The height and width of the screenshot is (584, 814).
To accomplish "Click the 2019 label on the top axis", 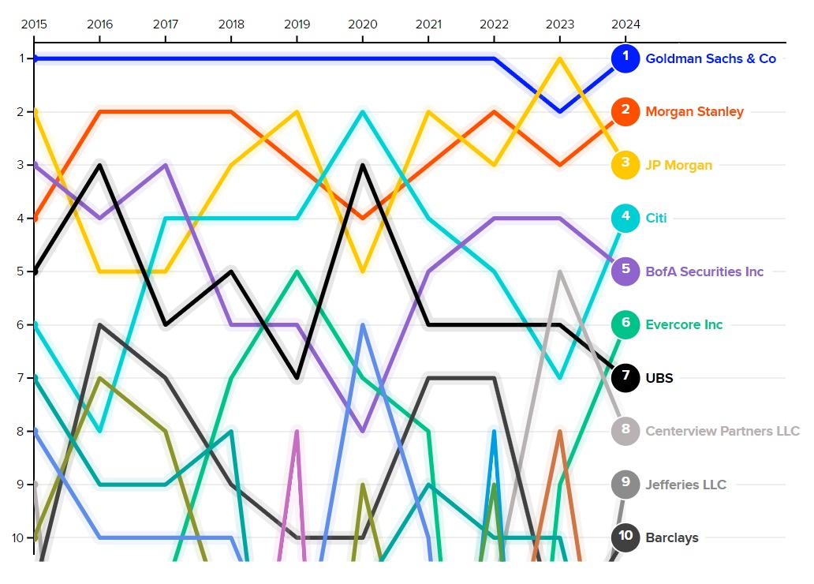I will click(297, 24).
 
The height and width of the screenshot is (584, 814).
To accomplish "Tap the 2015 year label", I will click(34, 24).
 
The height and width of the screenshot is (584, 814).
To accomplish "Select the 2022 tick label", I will click(494, 24).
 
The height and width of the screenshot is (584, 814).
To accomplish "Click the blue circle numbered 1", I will click(625, 58).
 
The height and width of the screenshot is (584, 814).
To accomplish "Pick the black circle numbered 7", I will click(625, 378).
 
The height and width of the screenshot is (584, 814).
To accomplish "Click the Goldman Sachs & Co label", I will click(711, 58).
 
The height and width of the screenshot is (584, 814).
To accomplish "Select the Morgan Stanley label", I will click(694, 112).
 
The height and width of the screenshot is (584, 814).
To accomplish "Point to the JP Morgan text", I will click(678, 165).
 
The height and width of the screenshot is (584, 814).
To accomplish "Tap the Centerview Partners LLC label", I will click(723, 431).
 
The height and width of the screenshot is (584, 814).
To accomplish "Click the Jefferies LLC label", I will click(685, 485).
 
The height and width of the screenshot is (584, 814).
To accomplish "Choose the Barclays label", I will click(672, 538).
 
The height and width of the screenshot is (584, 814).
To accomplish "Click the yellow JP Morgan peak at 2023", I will click(559, 58).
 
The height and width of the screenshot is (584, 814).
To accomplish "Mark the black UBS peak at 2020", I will click(363, 165).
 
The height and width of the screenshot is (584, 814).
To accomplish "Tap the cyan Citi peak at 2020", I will click(363, 112).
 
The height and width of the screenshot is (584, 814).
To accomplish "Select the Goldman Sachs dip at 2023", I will click(559, 112).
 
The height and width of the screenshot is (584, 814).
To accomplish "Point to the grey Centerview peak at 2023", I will click(559, 272).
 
